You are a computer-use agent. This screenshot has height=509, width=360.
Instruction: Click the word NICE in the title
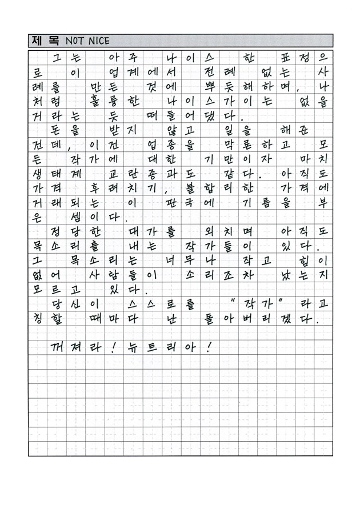(98, 41)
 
